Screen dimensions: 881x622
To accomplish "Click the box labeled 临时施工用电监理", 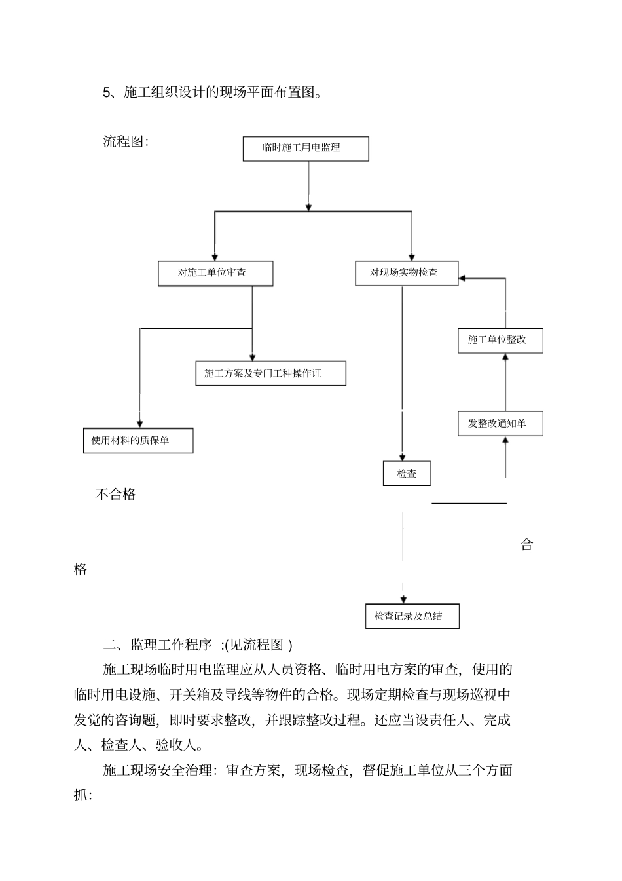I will tap(305, 148).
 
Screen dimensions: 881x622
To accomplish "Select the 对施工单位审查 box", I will tap(215, 273).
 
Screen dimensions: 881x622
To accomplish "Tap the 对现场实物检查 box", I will tap(407, 272).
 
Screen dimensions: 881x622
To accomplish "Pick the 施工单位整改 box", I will tap(500, 340).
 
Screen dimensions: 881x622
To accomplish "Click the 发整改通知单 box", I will tap(500, 423).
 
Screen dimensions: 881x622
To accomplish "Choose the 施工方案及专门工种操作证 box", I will tap(270, 373).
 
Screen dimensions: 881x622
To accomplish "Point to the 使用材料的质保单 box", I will tap(138, 440).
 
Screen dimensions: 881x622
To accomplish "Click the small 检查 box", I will tap(407, 474).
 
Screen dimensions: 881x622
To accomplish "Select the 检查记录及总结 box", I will tap(412, 616).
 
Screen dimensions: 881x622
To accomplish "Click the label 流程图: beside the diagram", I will tap(126, 141).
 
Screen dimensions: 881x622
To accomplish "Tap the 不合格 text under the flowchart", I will tap(115, 495).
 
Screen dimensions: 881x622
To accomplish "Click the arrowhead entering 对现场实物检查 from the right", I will tap(462, 278).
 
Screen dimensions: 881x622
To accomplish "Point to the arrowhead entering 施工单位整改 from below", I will tap(505, 357).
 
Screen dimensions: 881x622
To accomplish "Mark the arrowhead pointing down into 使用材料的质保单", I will tap(139, 424).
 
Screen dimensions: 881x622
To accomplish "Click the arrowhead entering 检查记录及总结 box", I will tap(403, 599).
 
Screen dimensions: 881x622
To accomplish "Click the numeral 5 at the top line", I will tap(107, 92).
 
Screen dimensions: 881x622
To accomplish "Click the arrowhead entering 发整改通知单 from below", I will tap(505, 440).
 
